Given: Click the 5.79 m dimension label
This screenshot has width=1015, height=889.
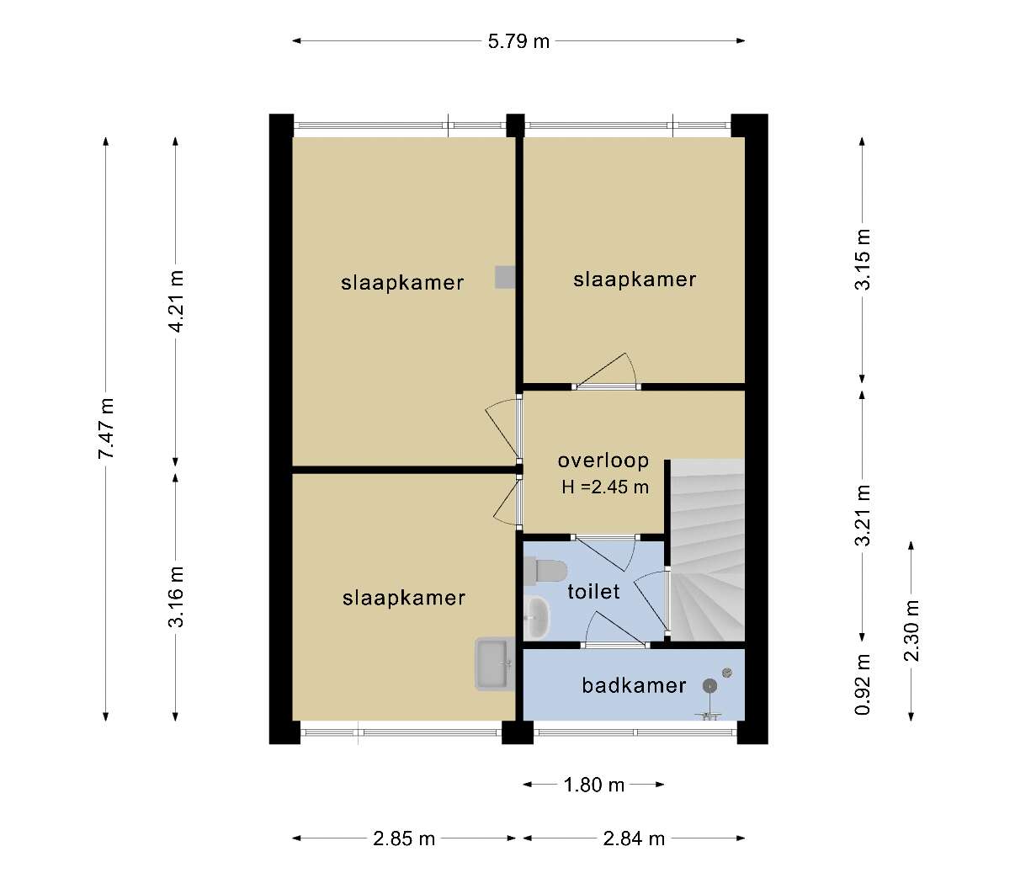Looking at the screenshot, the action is [x=518, y=41].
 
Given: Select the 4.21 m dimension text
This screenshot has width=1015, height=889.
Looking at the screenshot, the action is [x=176, y=301].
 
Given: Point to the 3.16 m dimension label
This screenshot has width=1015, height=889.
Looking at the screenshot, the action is [x=176, y=596].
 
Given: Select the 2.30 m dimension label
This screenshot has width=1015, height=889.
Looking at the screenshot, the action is [x=911, y=630].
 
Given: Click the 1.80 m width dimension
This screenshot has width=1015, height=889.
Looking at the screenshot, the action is [x=594, y=785].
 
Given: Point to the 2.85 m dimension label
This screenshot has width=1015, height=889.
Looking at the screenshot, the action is [x=404, y=838].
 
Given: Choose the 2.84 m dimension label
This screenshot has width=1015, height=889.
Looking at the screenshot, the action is [x=634, y=838].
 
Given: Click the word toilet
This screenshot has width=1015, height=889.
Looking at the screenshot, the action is [x=593, y=591].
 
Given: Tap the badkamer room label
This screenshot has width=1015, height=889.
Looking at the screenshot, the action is [x=634, y=685].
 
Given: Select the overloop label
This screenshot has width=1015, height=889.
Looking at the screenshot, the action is [x=603, y=460].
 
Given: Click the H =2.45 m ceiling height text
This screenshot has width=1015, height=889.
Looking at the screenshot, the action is [x=605, y=487].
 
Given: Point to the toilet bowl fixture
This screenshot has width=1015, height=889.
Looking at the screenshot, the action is [x=545, y=571].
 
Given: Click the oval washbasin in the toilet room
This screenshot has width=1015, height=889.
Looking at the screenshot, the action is [x=537, y=617].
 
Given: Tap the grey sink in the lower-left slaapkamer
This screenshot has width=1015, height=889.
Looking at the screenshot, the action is [x=495, y=663].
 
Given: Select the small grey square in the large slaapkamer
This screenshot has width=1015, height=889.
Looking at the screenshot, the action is [x=505, y=277].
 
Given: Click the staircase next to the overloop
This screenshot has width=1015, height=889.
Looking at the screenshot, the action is [x=708, y=551].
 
